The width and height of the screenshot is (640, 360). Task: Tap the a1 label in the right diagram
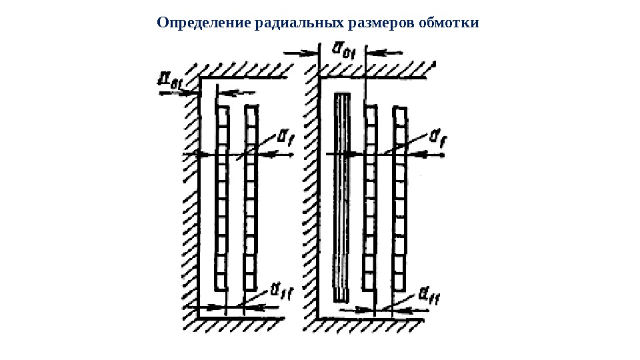click(x=438, y=138)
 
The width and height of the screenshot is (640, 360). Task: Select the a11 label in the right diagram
click(x=433, y=293)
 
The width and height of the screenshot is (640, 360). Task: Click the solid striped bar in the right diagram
click(x=341, y=197)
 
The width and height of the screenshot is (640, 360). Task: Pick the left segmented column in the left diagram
click(x=222, y=197)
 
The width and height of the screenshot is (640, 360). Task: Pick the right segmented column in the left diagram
click(x=250, y=197)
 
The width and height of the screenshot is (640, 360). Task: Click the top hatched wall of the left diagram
click(x=233, y=69)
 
